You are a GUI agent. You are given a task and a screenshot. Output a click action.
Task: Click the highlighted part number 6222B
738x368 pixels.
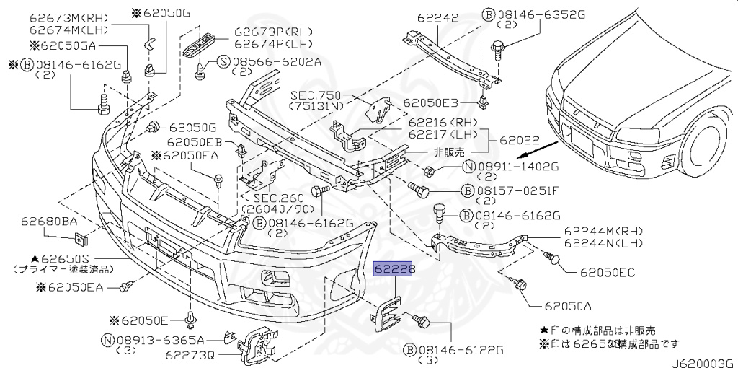[395, 269]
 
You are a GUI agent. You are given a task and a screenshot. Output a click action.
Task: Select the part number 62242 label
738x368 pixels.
[437, 17]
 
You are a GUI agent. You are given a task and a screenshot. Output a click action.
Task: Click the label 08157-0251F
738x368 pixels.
[516, 191]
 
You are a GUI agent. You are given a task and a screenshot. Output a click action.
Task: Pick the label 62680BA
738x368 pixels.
[48, 222]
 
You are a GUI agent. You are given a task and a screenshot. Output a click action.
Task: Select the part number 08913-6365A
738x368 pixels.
[158, 339]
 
